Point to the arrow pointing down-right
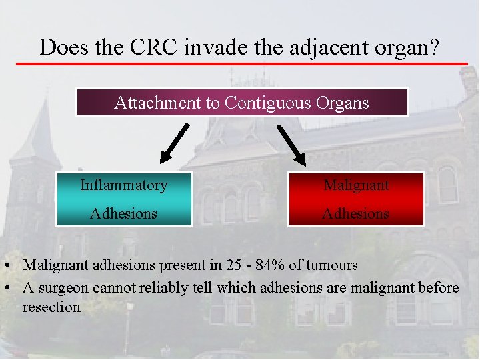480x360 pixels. click(291, 145)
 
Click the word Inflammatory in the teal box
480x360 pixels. click(124, 185)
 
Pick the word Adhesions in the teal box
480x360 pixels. click(124, 213)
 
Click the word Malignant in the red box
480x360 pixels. click(356, 185)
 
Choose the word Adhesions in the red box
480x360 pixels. click(356, 213)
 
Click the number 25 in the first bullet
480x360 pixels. click(233, 265)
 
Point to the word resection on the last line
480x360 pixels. click(51, 307)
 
